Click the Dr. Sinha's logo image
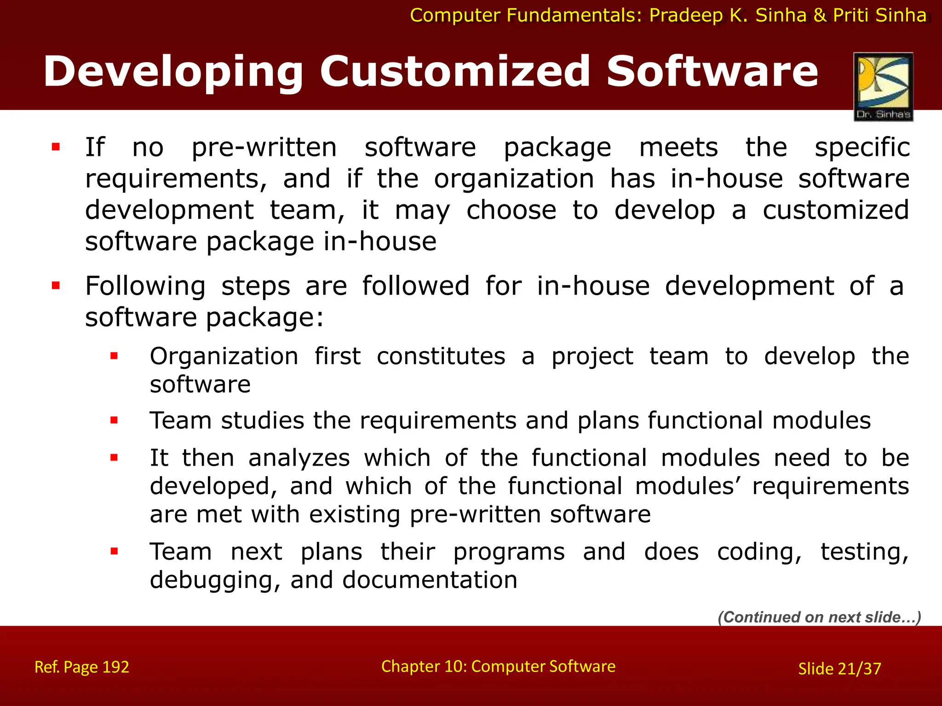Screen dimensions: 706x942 click(x=883, y=86)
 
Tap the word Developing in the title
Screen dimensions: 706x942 click(x=173, y=73)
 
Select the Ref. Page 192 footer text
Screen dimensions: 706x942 click(x=82, y=667)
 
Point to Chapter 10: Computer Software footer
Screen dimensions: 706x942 click(x=498, y=666)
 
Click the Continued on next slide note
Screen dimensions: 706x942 click(x=819, y=617)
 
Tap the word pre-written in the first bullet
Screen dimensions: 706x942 click(x=264, y=148)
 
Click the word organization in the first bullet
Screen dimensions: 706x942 click(x=514, y=179)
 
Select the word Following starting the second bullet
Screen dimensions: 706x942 click(x=145, y=286)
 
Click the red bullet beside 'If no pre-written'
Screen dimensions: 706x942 click(x=56, y=147)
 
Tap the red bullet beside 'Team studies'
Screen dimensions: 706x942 click(x=114, y=420)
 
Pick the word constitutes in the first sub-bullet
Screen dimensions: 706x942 click(x=441, y=357)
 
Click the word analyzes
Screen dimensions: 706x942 click(x=299, y=458)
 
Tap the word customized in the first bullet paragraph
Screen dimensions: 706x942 click(x=835, y=211)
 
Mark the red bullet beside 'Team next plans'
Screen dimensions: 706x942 click(x=114, y=551)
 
